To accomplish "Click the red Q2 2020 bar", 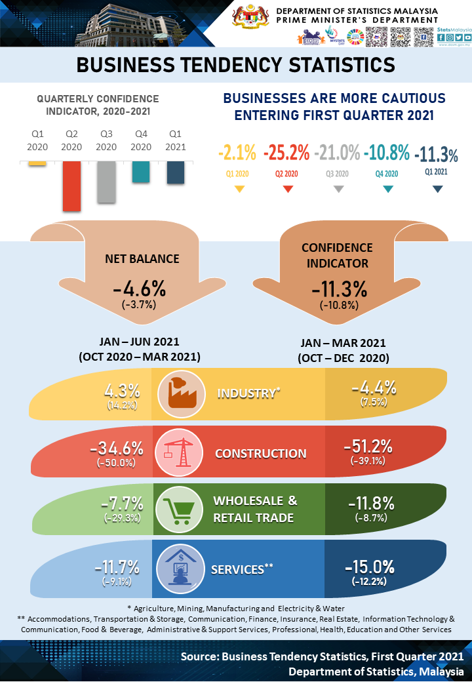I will pyautogui.click(x=72, y=186).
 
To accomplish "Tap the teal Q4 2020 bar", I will pyautogui.click(x=141, y=172).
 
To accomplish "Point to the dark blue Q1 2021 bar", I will pyautogui.click(x=176, y=172).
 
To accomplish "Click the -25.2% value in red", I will pyautogui.click(x=286, y=153).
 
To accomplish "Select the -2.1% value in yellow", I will pyautogui.click(x=237, y=153).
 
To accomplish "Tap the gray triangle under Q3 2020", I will pyautogui.click(x=338, y=189).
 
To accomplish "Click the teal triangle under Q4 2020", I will pyautogui.click(x=387, y=189).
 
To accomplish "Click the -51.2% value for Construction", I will pyautogui.click(x=368, y=447).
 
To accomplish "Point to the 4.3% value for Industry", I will pyautogui.click(x=123, y=390).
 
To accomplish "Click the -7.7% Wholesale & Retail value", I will pyautogui.click(x=123, y=504).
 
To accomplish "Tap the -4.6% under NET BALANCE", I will pyautogui.click(x=139, y=289).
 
